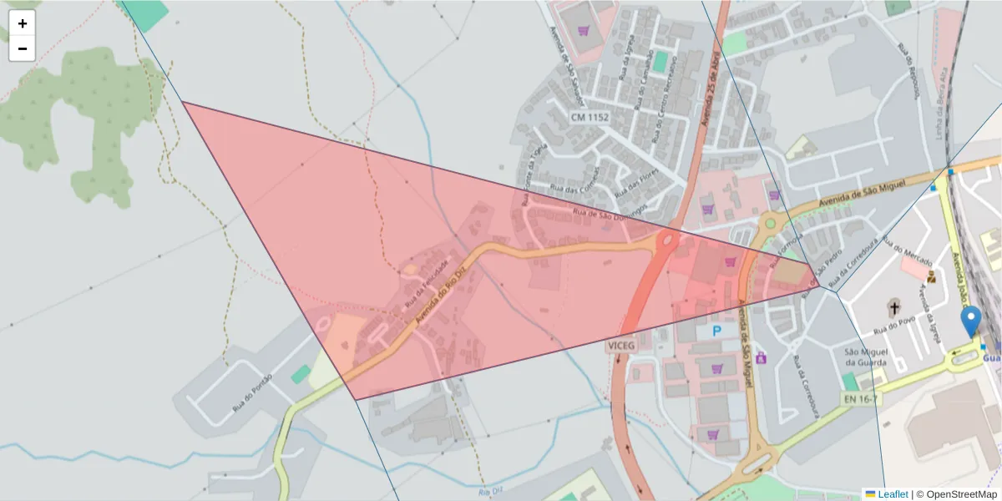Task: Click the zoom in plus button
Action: tap(23, 23)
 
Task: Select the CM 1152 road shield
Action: tap(590, 118)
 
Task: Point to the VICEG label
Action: tap(622, 344)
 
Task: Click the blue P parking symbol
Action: tap(716, 331)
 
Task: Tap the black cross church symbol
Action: tap(894, 308)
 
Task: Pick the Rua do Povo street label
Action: tap(910, 318)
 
